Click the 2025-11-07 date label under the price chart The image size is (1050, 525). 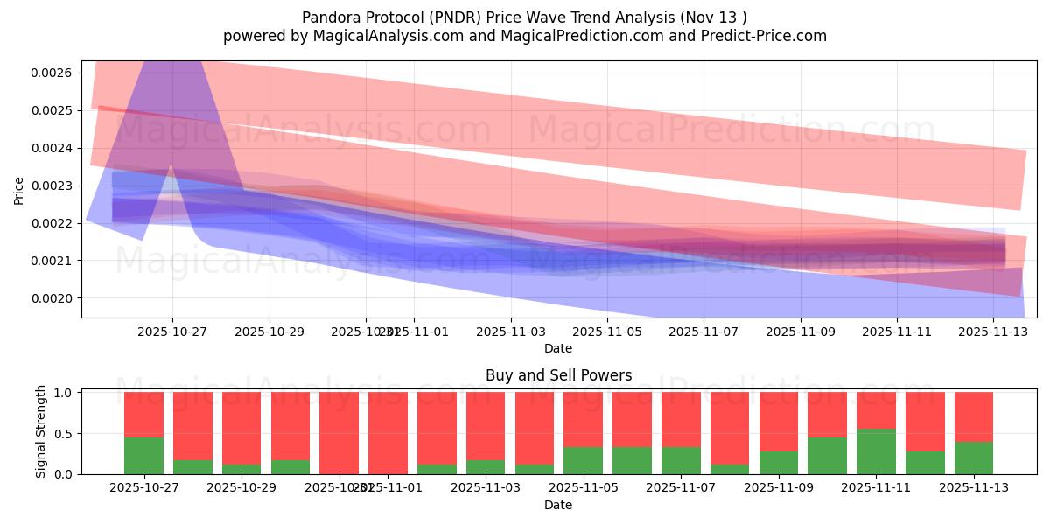click(703, 332)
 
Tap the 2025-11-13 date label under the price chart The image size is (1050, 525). click(993, 332)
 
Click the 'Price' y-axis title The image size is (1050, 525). click(19, 190)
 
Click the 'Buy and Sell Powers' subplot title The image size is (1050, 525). click(558, 375)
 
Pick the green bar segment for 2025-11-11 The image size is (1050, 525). click(876, 451)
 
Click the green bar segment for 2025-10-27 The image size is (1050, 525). click(143, 456)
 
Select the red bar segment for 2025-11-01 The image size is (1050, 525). click(388, 432)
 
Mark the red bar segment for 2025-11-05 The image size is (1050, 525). click(583, 420)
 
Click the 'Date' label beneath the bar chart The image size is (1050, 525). click(558, 505)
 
